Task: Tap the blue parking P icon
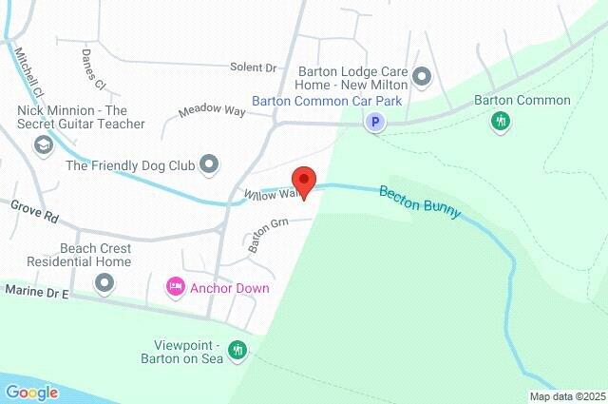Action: (x=376, y=122)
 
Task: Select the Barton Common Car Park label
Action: (x=327, y=101)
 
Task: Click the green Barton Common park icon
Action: (x=501, y=122)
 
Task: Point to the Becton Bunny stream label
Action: (x=419, y=202)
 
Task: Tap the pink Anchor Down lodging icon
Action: (x=175, y=286)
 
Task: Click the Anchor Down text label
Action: (x=229, y=288)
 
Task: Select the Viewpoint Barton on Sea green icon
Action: (x=237, y=351)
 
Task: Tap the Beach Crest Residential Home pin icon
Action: (x=104, y=282)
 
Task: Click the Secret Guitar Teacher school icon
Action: (x=43, y=144)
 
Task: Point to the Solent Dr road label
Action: (x=253, y=68)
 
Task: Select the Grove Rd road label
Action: (x=35, y=211)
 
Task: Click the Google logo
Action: (x=31, y=392)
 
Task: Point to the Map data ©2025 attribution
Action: (x=566, y=396)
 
